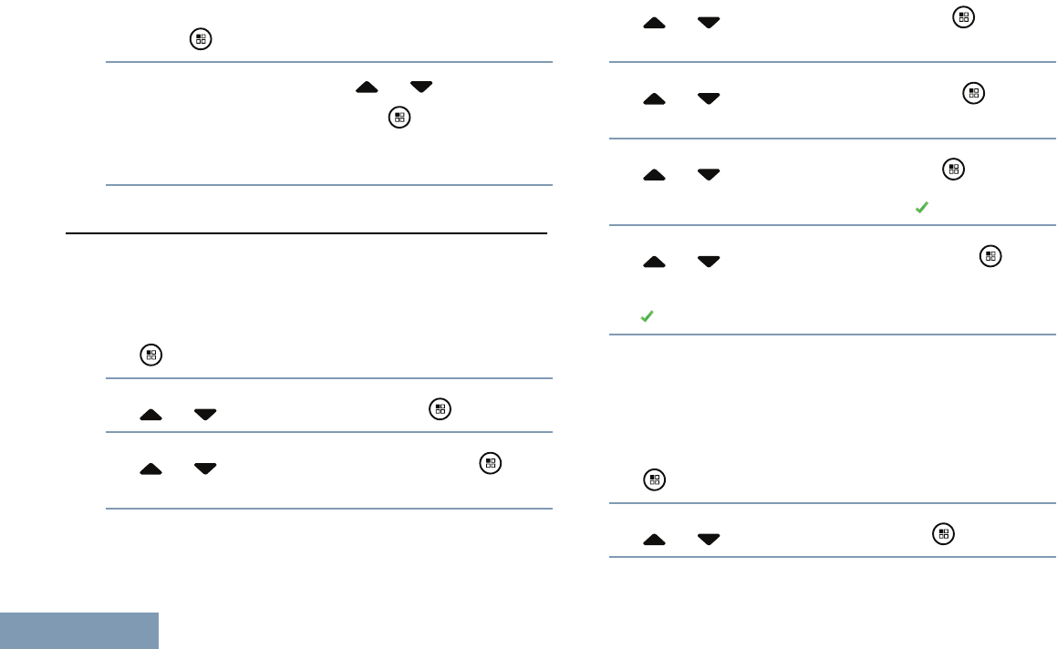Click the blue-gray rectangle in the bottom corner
(79, 630)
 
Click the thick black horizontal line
(306, 233)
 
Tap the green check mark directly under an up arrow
(647, 316)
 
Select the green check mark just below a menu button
(921, 209)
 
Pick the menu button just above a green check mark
(953, 169)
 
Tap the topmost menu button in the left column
(200, 38)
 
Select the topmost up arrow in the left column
(367, 88)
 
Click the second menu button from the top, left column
(399, 118)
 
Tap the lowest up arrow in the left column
(151, 469)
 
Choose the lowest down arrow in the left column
(205, 469)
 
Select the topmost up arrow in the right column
(654, 23)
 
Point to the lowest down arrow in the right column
(708, 540)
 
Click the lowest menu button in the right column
(944, 535)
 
